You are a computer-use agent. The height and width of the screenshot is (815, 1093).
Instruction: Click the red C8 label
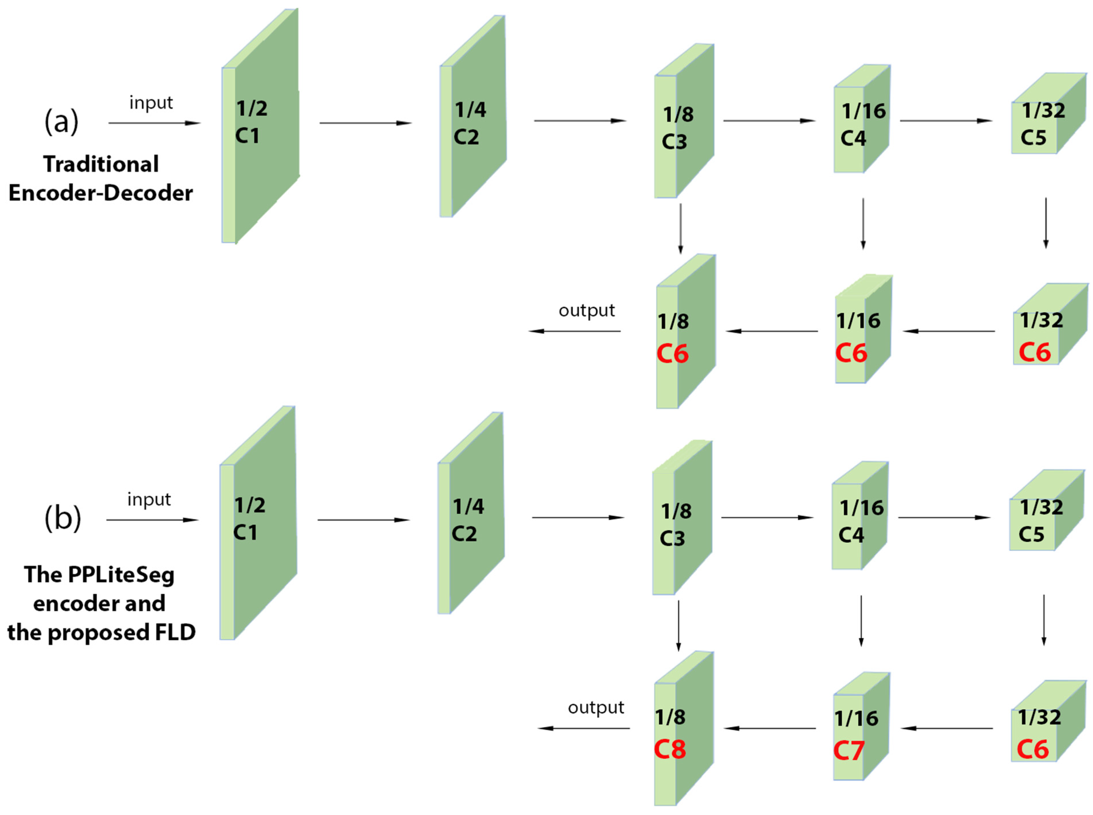click(x=669, y=749)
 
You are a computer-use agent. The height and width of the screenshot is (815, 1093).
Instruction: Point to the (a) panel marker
click(x=61, y=121)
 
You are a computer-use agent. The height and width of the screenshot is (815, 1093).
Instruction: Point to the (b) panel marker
click(x=62, y=519)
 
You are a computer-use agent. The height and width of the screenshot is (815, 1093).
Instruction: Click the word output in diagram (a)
click(x=586, y=311)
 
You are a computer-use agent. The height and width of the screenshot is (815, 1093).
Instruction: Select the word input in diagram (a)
click(x=151, y=103)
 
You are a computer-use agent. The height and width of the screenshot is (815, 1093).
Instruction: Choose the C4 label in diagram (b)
click(x=851, y=535)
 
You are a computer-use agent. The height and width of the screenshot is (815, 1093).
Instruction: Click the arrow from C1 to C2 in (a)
click(x=365, y=123)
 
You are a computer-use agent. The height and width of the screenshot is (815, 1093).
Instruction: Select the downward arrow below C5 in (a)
click(x=1046, y=223)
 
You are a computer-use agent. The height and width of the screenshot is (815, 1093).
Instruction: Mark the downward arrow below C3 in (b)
click(x=678, y=625)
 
